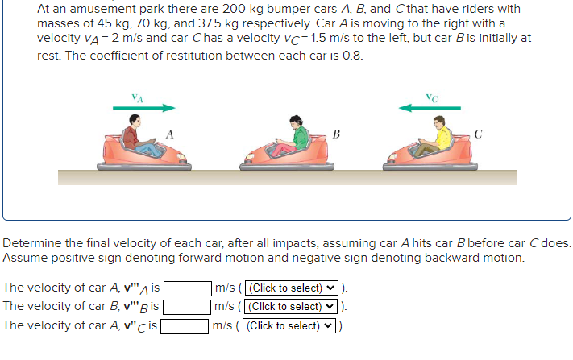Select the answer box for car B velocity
tap(189, 307)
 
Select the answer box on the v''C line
tap(186, 326)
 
